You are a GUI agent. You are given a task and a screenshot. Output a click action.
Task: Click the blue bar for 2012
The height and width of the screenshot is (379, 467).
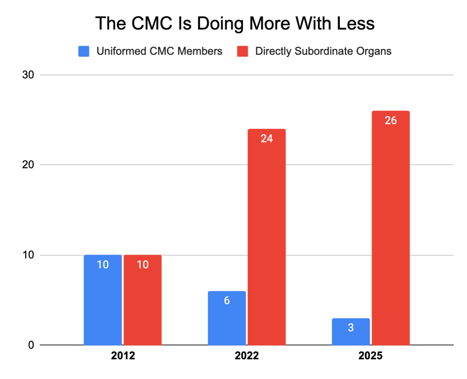(x=103, y=300)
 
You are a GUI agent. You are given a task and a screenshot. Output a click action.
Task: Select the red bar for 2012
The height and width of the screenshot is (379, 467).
(x=143, y=300)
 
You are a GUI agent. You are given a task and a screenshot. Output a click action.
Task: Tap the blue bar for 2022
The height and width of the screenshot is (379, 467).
(x=227, y=318)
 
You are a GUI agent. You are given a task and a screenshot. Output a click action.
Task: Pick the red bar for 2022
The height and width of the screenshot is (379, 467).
(x=267, y=237)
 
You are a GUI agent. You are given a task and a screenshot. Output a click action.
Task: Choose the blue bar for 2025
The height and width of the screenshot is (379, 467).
(x=351, y=332)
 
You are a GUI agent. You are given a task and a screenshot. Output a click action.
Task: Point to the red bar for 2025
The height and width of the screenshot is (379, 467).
(x=391, y=228)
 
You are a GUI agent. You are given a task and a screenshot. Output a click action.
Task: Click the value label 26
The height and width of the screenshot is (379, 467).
(x=391, y=120)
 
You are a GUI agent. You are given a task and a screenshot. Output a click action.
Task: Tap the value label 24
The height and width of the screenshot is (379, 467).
(x=267, y=139)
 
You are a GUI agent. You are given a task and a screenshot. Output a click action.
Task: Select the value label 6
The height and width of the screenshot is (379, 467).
(x=227, y=301)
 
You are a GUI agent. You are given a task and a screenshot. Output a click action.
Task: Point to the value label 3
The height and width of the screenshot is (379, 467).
(x=351, y=328)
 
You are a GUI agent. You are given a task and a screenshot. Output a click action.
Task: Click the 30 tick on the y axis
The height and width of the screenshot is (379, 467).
(x=28, y=75)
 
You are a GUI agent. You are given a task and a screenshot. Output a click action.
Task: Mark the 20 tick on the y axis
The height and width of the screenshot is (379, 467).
(x=28, y=165)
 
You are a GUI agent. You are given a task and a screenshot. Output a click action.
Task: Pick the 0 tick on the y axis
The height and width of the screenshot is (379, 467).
(x=31, y=345)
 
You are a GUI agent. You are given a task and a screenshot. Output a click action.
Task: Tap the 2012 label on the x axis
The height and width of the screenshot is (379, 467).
(x=123, y=356)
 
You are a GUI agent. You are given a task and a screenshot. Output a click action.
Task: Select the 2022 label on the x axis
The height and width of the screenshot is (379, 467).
(x=247, y=356)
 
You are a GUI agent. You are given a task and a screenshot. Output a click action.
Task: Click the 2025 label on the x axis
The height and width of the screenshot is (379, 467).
(x=371, y=356)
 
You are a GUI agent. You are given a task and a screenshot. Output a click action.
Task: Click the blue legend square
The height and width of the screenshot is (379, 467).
(x=84, y=51)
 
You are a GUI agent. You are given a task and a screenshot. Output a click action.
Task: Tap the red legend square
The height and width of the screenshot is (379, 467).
(x=242, y=51)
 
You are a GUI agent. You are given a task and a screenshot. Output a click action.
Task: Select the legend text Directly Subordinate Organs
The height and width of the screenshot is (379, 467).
(x=323, y=51)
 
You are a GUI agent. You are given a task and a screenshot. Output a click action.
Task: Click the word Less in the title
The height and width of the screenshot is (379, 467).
(x=356, y=23)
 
